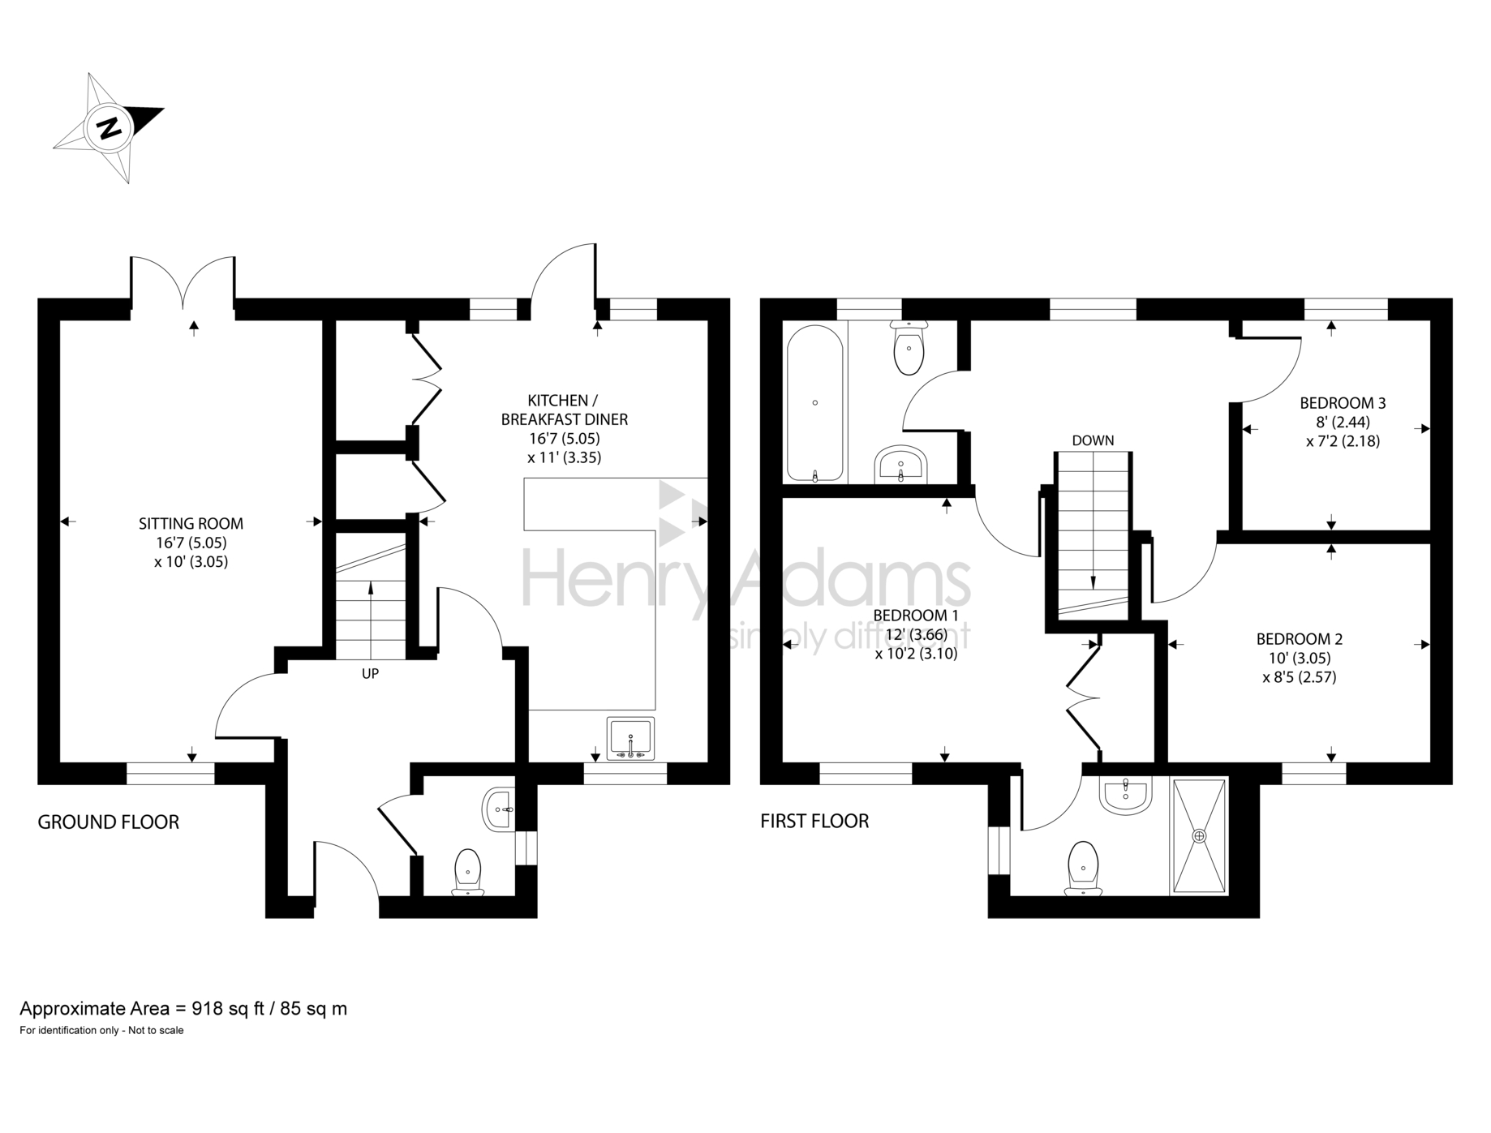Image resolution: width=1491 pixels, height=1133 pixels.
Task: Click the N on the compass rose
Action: (x=110, y=128)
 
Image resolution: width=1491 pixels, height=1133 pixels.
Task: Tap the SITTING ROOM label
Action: (x=191, y=524)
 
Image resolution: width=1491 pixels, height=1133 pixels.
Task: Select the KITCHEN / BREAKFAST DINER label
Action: (x=564, y=410)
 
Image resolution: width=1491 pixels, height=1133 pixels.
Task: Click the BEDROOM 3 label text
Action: (x=1343, y=402)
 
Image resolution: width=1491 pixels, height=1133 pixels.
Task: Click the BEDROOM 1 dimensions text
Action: (x=916, y=644)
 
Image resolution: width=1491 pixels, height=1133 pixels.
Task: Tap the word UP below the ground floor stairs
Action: (x=370, y=673)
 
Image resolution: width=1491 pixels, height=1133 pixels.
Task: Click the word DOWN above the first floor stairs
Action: (x=1093, y=440)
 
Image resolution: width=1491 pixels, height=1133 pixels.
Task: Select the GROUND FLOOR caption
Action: (x=109, y=822)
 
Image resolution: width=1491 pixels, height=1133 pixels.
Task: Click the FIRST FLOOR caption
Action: (x=814, y=821)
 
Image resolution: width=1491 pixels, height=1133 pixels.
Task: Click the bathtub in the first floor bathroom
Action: (x=814, y=403)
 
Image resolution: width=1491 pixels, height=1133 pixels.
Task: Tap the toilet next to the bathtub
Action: (x=908, y=349)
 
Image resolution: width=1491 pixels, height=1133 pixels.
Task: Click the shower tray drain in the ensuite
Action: (x=1199, y=835)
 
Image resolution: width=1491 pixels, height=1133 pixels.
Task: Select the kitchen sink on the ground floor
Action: (x=630, y=738)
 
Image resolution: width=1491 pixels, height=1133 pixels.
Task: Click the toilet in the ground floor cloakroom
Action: (x=467, y=871)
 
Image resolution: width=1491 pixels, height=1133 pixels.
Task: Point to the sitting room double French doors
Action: (x=183, y=284)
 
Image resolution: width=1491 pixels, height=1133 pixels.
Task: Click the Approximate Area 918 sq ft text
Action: (x=183, y=1008)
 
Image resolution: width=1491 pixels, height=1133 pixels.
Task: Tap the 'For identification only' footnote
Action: (x=102, y=1031)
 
